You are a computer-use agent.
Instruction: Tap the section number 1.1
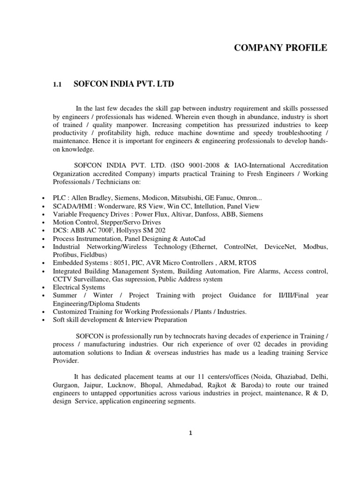coord(57,85)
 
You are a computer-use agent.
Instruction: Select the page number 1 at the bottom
coord(190,433)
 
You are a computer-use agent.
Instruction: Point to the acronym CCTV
coord(63,279)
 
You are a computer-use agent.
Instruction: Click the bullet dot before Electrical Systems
coord(44,288)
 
